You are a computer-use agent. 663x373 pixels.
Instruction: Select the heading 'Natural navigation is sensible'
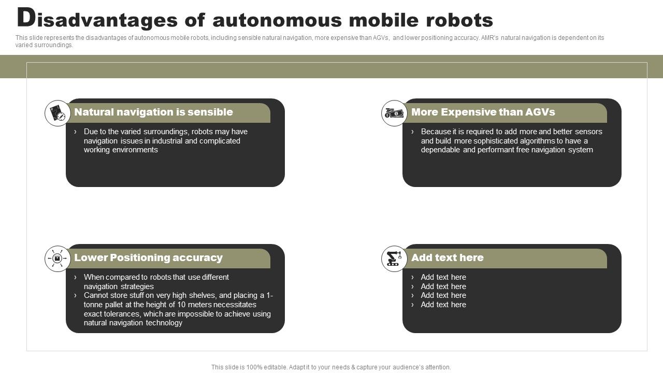(x=153, y=112)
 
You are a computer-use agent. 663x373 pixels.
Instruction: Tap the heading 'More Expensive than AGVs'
(x=483, y=112)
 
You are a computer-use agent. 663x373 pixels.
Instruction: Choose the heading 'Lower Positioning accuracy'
(x=148, y=257)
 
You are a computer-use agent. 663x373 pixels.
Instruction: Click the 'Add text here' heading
(x=447, y=257)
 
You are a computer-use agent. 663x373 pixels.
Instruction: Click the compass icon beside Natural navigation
(x=57, y=113)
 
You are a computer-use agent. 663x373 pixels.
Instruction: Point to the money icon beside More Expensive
(x=394, y=113)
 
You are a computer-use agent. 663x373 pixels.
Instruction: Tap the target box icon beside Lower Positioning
(x=57, y=259)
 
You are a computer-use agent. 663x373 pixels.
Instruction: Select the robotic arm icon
(x=394, y=259)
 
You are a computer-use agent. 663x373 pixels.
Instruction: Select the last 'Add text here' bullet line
(x=443, y=305)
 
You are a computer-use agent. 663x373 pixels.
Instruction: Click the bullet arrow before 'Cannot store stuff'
(x=76, y=295)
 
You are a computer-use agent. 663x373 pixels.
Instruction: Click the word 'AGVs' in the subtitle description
(x=381, y=38)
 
